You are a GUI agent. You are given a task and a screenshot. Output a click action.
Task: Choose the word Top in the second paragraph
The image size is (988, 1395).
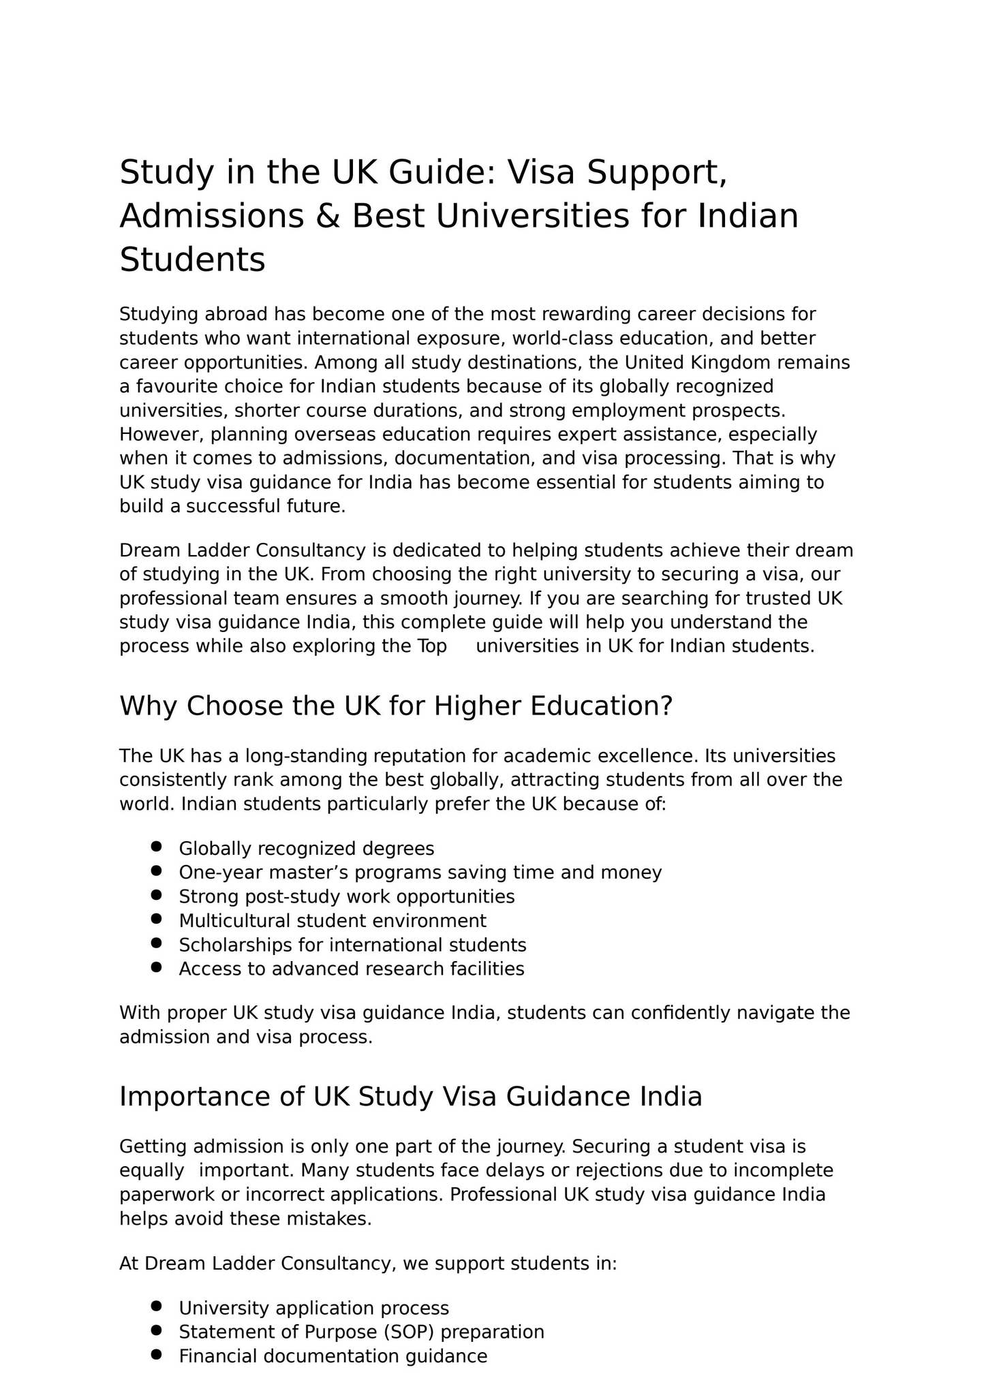pos(432,646)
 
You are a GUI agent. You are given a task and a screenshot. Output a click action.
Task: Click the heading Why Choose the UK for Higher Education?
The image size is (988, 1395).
pos(396,706)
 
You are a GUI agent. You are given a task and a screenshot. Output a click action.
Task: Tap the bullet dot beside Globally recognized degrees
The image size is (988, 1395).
pos(156,846)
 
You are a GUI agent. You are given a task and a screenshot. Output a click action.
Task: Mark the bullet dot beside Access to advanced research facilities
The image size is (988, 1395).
pos(156,967)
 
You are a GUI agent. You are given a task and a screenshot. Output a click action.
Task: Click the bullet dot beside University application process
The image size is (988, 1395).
pos(156,1306)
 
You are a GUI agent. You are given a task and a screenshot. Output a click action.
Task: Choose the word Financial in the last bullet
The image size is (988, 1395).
pos(218,1356)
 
